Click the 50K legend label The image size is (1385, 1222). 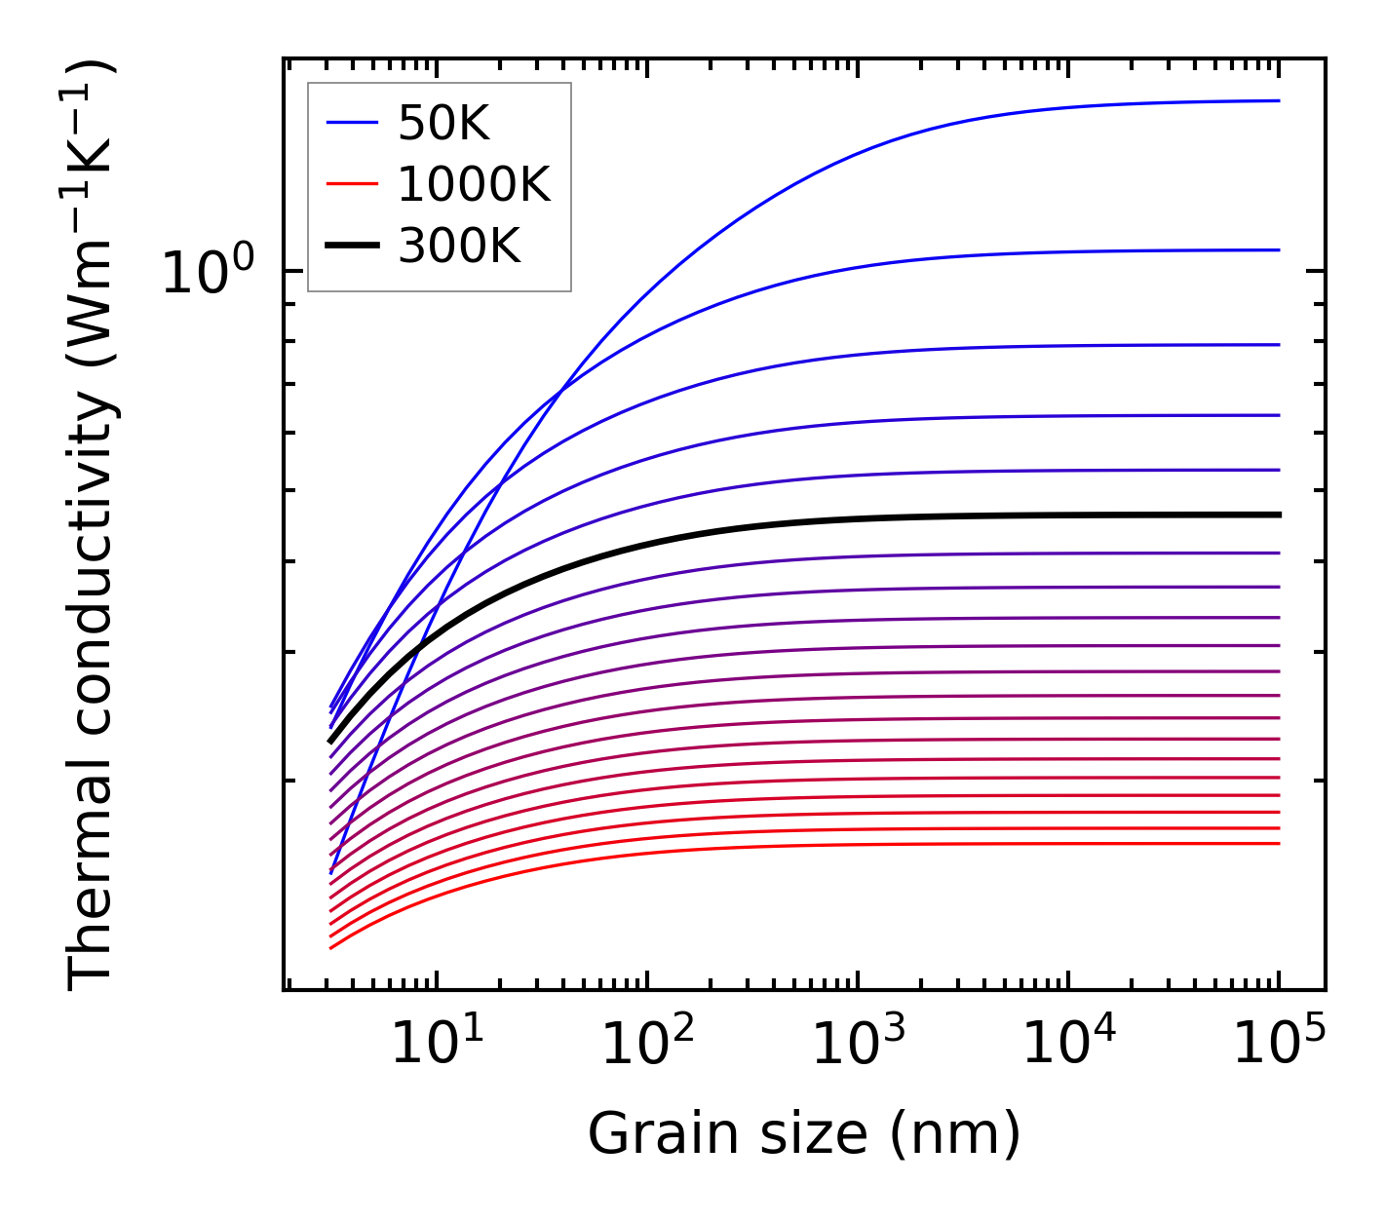(443, 123)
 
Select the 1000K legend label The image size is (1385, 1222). (474, 184)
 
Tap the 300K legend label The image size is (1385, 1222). (459, 247)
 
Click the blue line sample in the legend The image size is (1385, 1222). (352, 123)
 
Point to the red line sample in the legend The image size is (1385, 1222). (352, 184)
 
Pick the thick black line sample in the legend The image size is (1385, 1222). (352, 247)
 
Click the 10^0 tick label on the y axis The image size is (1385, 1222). (208, 273)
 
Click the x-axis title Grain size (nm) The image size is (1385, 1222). (804, 1134)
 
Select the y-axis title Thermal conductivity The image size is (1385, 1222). (92, 526)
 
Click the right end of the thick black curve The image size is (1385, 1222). (1279, 515)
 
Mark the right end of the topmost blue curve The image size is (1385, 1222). (1279, 100)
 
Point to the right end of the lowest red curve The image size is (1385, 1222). (1279, 844)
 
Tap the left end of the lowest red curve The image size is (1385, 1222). (331, 947)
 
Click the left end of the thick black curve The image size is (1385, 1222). (330, 742)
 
